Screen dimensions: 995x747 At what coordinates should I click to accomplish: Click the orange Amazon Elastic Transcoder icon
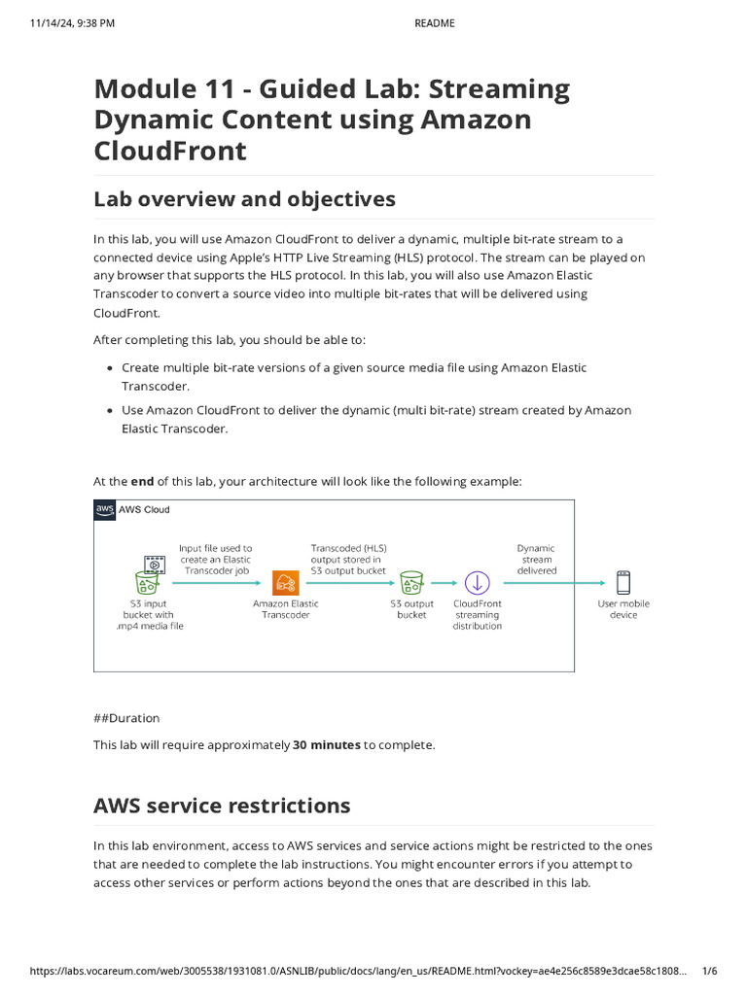tap(285, 582)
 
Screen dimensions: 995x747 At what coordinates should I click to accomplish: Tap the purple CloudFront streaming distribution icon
tap(477, 582)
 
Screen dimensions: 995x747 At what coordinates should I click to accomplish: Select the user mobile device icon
tap(623, 582)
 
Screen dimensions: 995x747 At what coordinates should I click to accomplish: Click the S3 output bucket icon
tap(411, 581)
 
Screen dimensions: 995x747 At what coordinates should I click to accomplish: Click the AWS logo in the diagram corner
tap(104, 509)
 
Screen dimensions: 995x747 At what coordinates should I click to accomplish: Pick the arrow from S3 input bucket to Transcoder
tap(216, 583)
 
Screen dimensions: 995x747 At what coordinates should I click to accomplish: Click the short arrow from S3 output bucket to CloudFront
tap(444, 583)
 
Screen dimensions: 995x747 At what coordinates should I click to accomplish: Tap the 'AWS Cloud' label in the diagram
tap(143, 509)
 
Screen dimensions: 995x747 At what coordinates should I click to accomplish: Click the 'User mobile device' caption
tap(623, 609)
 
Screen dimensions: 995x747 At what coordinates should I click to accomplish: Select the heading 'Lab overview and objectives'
tap(244, 199)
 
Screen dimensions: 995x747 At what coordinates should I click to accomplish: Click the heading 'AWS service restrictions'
tap(222, 806)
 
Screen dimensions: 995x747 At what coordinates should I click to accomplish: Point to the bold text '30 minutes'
tap(327, 745)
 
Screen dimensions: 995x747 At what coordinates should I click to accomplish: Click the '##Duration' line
tap(126, 718)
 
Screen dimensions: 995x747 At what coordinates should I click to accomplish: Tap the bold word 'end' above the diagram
tap(143, 481)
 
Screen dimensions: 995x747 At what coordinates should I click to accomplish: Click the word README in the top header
tap(435, 23)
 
